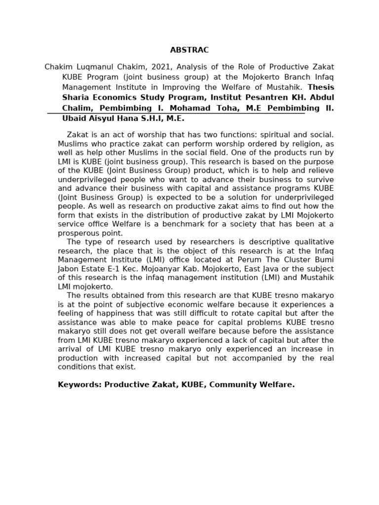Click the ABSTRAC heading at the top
pos(189,50)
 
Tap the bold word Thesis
pos(321,87)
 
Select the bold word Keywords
pos(79,385)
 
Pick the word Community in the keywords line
pos(232,385)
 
